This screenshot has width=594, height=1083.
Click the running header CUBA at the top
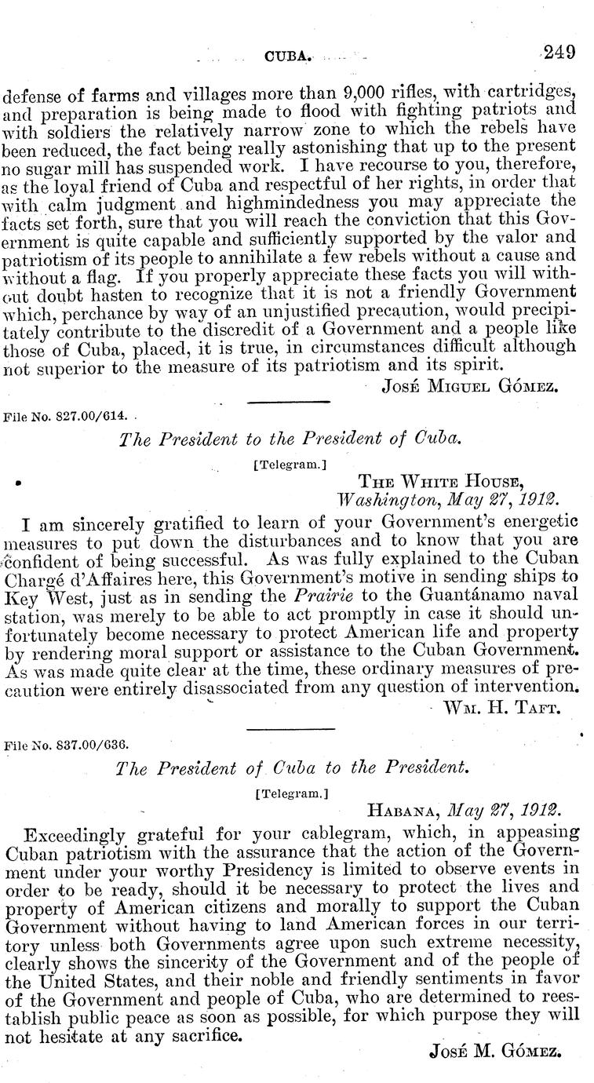point(290,57)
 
